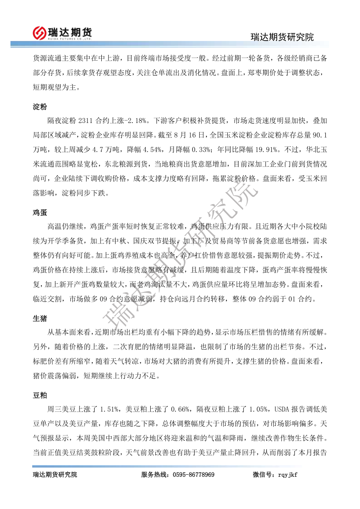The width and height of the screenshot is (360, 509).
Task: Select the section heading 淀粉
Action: [40, 107]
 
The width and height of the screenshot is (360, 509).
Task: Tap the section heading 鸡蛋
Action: [40, 213]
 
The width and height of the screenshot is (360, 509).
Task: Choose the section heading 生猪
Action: [40, 319]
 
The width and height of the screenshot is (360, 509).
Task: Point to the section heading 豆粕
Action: [40, 395]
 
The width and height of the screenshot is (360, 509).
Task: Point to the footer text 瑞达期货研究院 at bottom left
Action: [55, 475]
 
